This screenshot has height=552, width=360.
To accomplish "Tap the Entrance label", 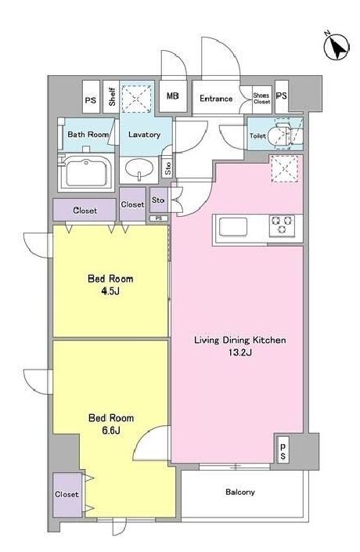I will pyautogui.click(x=215, y=98).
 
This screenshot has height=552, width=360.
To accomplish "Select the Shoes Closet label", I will pyautogui.click(x=261, y=98).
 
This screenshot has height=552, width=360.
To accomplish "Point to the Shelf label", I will pyautogui.click(x=113, y=97).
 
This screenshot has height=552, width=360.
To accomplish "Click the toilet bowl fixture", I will pyautogui.click(x=284, y=135).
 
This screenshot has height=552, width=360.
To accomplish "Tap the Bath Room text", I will pyautogui.click(x=88, y=135).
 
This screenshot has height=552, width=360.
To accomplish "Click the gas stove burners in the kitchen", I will pyautogui.click(x=282, y=225).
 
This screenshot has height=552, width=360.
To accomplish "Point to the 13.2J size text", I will pyautogui.click(x=239, y=353).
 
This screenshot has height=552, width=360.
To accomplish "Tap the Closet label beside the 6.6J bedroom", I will pyautogui.click(x=67, y=495).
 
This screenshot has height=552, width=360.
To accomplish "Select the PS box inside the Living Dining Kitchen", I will pyautogui.click(x=283, y=451).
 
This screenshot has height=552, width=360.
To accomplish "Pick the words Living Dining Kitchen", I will pyautogui.click(x=239, y=341).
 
